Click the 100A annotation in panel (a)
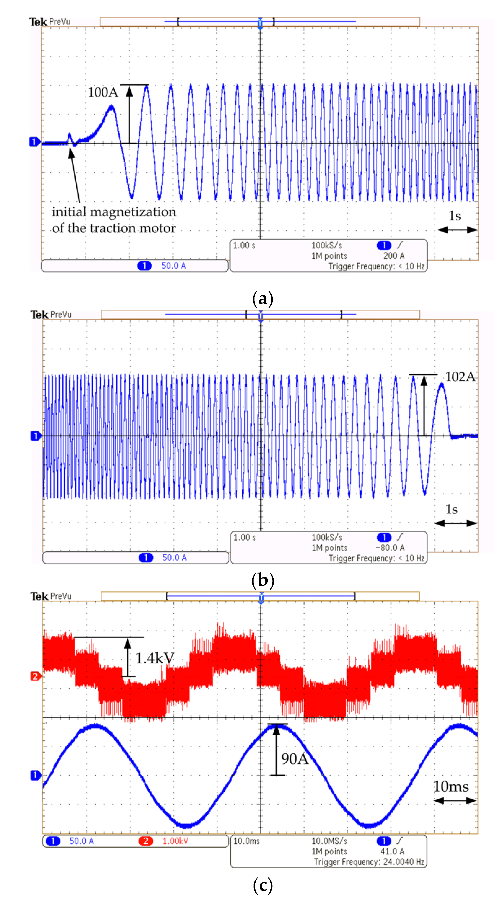point(103,92)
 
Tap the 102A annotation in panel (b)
point(460,377)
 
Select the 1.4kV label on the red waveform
point(154,658)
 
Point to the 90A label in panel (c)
point(295,758)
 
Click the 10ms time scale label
point(451,786)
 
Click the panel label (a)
point(262,299)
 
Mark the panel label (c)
point(262,885)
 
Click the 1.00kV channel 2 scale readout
point(175,841)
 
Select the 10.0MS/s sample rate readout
point(329,841)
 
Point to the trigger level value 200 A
point(394,256)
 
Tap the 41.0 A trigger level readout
point(392,851)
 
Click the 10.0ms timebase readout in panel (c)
point(246,841)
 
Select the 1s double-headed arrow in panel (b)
point(455,523)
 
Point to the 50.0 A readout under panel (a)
point(173,266)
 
